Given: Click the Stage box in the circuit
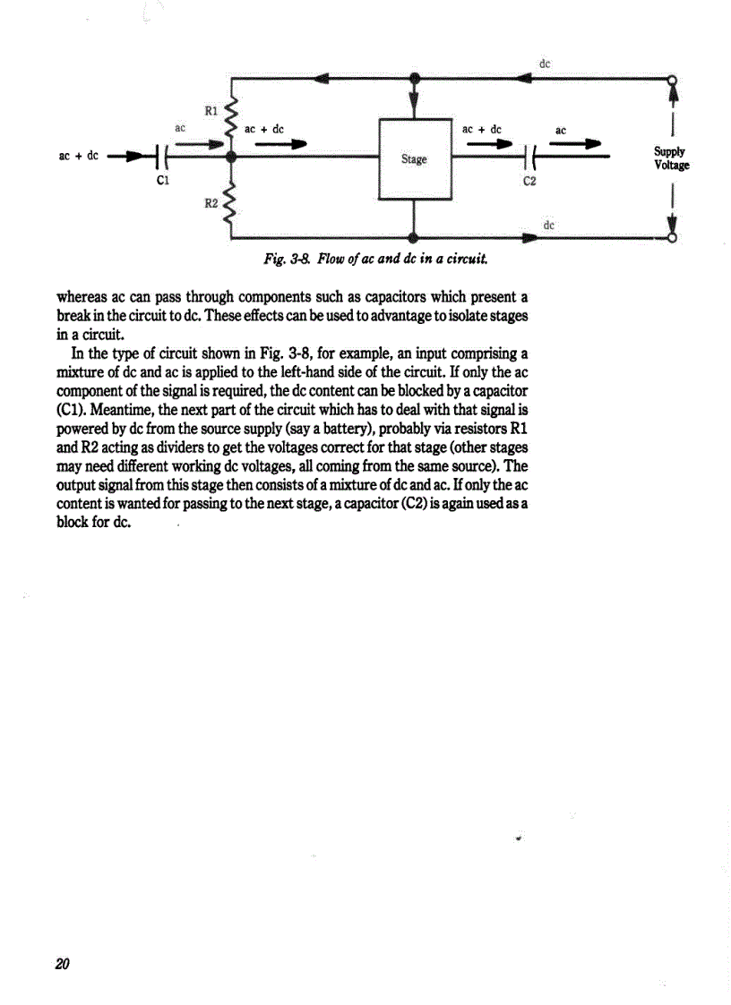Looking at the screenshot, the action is [x=414, y=158].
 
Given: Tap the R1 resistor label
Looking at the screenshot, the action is [x=211, y=111].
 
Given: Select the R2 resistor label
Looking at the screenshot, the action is [x=211, y=204].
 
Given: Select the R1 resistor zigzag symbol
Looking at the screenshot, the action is [x=232, y=116].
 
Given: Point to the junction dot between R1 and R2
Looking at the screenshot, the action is [x=232, y=158].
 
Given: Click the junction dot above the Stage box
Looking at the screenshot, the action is [x=414, y=78].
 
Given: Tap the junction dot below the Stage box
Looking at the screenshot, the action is [x=414, y=238].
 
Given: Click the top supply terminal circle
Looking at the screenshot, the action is [x=672, y=78].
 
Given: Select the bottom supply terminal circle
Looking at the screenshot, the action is [x=672, y=238].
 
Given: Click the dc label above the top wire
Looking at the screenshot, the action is [x=545, y=64].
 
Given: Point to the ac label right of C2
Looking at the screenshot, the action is [x=561, y=131].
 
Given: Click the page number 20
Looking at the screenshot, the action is [x=62, y=963].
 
